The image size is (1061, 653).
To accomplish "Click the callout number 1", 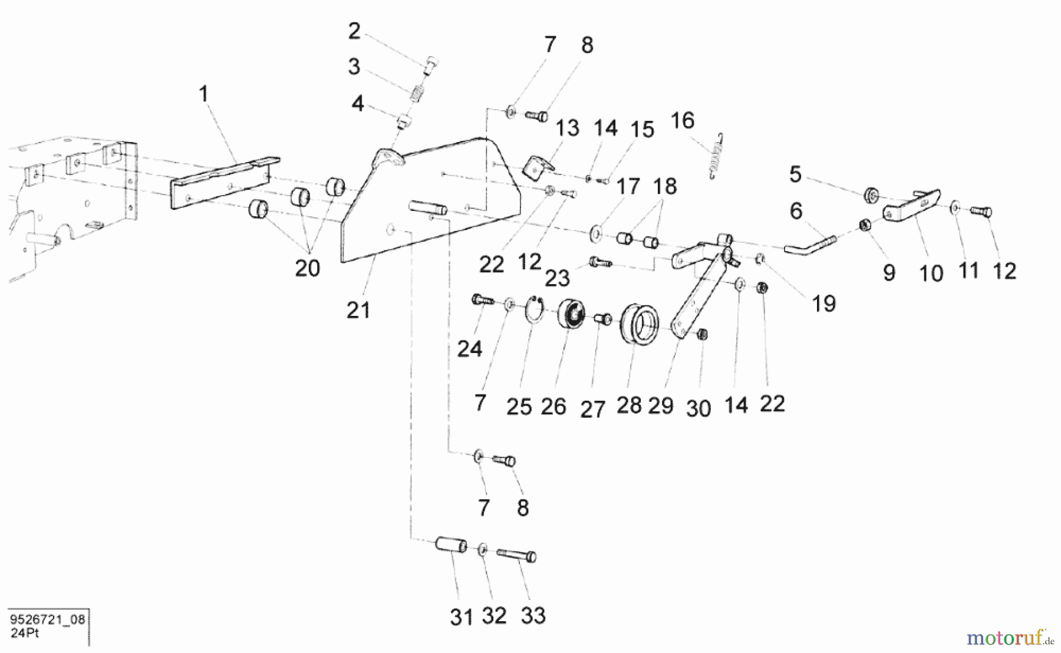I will [x=204, y=94].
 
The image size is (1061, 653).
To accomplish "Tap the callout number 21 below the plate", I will [x=358, y=310].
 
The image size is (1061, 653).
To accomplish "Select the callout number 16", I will [x=683, y=121].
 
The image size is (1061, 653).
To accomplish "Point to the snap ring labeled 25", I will [x=535, y=310].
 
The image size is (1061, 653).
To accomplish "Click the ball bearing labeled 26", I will [x=571, y=313].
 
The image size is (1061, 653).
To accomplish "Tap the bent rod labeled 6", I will [x=810, y=244].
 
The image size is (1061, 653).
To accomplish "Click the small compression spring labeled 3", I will [x=417, y=93].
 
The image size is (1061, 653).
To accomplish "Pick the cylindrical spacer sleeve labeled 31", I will [x=451, y=544].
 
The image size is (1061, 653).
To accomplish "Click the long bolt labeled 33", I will [x=517, y=555].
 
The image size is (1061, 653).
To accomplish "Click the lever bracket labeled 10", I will [x=910, y=206].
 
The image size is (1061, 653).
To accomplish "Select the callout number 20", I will [x=307, y=268].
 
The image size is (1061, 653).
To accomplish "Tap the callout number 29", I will [x=660, y=405].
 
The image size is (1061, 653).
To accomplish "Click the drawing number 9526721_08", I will [x=48, y=619].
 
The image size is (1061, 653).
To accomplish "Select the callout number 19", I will [x=823, y=304].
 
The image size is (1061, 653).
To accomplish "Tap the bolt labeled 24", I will [x=482, y=301].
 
